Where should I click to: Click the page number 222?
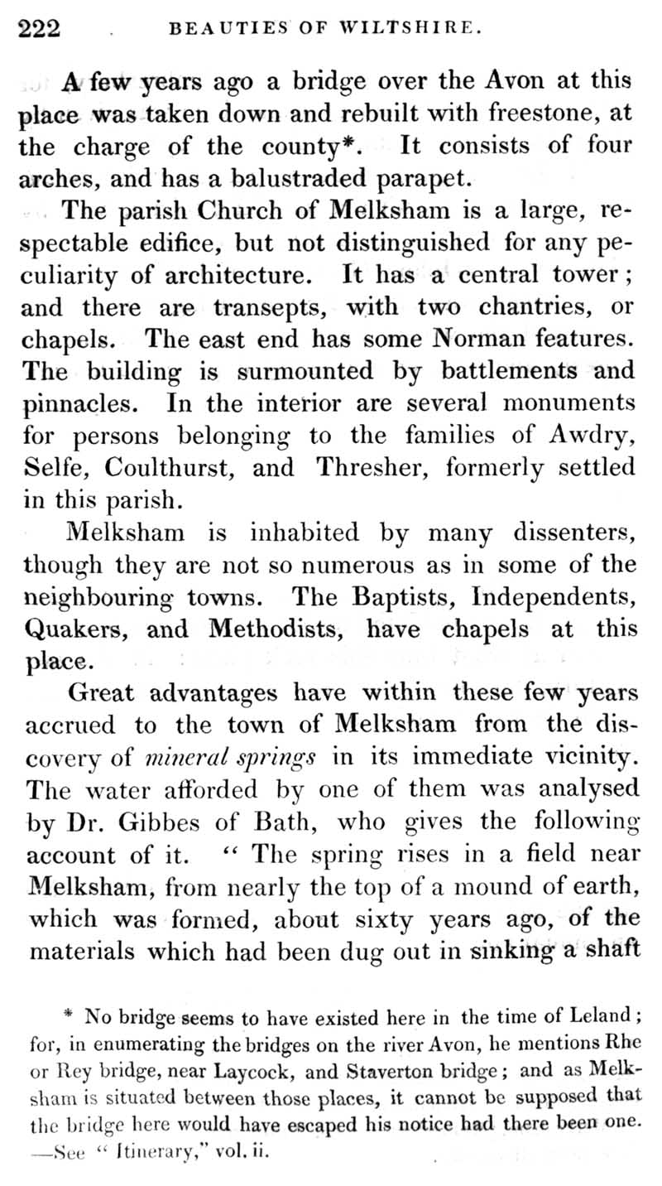tap(39, 29)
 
